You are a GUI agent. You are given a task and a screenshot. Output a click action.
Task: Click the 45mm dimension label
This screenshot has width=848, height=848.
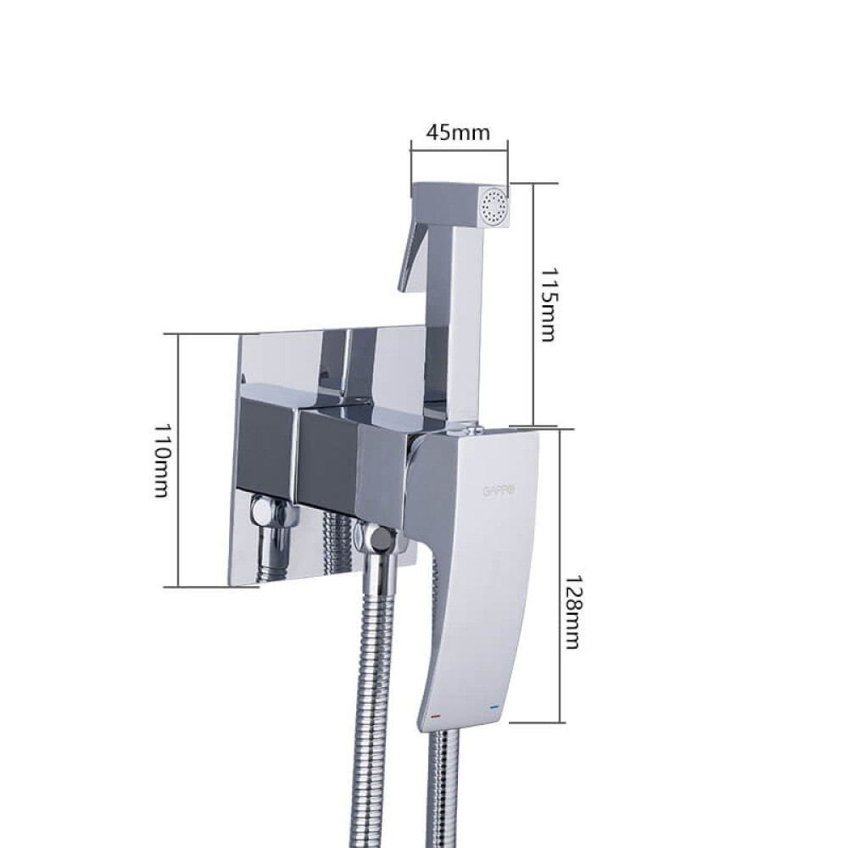click(x=458, y=131)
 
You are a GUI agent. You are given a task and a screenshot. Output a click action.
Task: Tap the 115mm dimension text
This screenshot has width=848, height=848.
click(x=548, y=305)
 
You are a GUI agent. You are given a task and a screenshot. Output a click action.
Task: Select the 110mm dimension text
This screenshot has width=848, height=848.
click(x=162, y=460)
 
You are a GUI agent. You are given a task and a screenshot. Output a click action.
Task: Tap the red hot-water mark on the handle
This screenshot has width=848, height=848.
click(x=436, y=716)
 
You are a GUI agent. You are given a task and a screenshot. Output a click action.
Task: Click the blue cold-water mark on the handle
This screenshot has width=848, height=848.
click(x=494, y=707)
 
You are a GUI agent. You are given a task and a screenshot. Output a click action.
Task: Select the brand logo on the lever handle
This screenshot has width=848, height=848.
click(x=499, y=490)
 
